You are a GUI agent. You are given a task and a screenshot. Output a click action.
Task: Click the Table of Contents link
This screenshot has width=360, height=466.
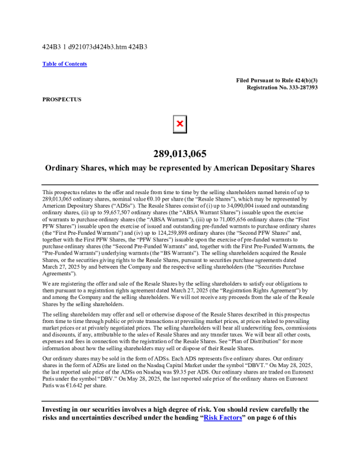[65, 64]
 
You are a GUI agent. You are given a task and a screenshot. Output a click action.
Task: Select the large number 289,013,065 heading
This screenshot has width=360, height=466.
[180, 154]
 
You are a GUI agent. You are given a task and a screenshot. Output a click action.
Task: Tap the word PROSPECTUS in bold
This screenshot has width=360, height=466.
[62, 99]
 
